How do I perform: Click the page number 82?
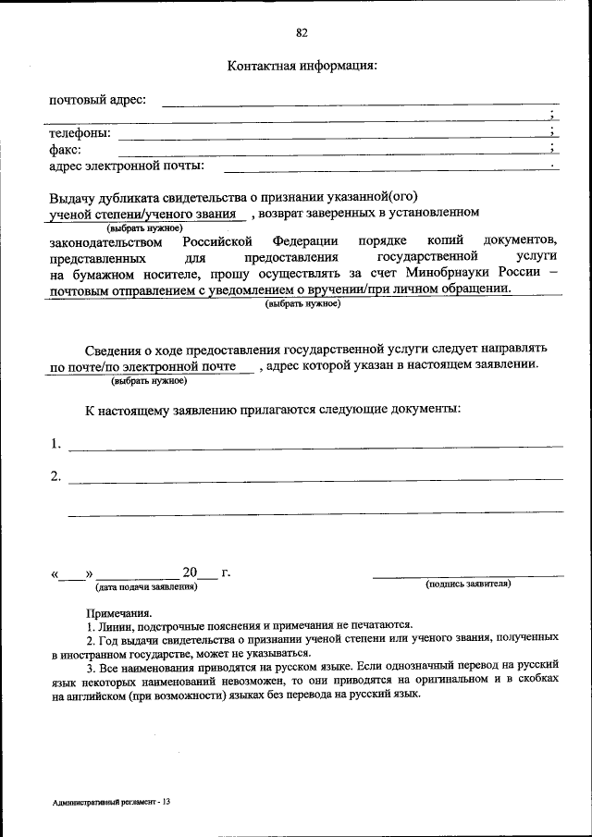pos(302,33)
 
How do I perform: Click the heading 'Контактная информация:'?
pos(302,67)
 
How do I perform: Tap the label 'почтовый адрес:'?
pos(97,100)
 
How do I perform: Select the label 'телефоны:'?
pos(80,133)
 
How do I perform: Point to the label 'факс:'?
pos(65,150)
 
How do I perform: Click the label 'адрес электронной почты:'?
pos(126,166)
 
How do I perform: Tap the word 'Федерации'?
pos(304,241)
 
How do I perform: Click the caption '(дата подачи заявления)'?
pos(145,587)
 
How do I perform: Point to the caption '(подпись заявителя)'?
pos(467,585)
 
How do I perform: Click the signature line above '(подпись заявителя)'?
pos(467,575)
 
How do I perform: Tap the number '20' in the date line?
pos(191,572)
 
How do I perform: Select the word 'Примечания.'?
pos(119,613)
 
